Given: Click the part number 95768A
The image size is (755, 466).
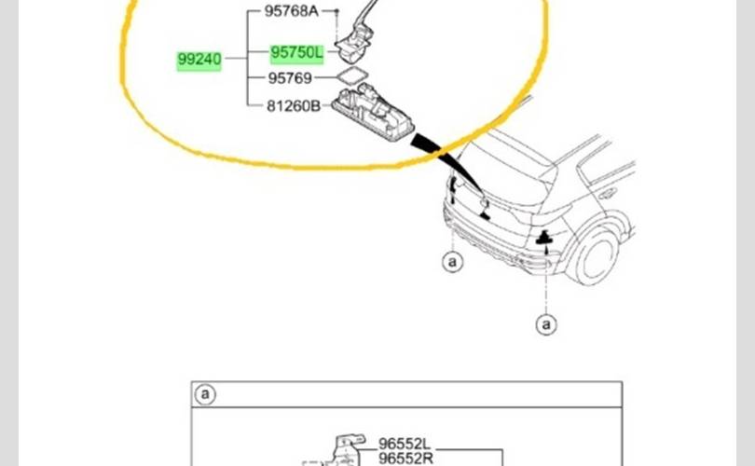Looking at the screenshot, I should (291, 11).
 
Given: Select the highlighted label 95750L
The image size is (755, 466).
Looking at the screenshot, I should (295, 54).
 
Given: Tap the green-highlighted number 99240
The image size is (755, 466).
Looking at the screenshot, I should (199, 61).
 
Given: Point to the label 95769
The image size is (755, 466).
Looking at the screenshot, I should (290, 80).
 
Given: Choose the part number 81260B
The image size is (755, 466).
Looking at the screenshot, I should (293, 106).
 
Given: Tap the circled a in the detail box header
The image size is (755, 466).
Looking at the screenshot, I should (204, 395).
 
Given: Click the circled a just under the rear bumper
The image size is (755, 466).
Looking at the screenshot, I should (452, 262).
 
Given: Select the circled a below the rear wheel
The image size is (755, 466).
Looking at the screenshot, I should (546, 323).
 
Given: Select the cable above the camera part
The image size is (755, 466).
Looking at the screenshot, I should (370, 11).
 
